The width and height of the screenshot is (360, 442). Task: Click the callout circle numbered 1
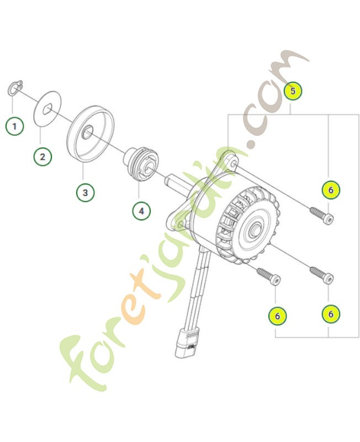coord(15,126)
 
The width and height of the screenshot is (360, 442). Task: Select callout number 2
coord(43,156)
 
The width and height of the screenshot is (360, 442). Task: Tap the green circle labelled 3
coord(84,192)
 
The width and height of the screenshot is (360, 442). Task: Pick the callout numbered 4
coord(141,210)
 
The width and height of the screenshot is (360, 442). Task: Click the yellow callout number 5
coord(293,90)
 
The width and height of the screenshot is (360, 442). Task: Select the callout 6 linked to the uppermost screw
coord(331,190)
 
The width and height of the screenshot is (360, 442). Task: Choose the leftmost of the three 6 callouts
coord(277,315)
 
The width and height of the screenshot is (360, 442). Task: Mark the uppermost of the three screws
coord(321,216)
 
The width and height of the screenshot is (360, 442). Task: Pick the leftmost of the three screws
coord(268,276)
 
